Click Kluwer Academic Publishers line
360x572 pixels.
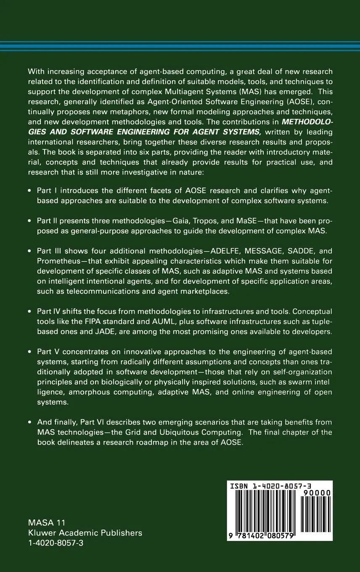[x=85, y=533]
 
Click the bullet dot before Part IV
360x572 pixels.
[x=29, y=312]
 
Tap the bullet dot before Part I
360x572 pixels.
[x=29, y=191]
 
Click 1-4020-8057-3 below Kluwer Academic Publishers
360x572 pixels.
[x=56, y=543]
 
